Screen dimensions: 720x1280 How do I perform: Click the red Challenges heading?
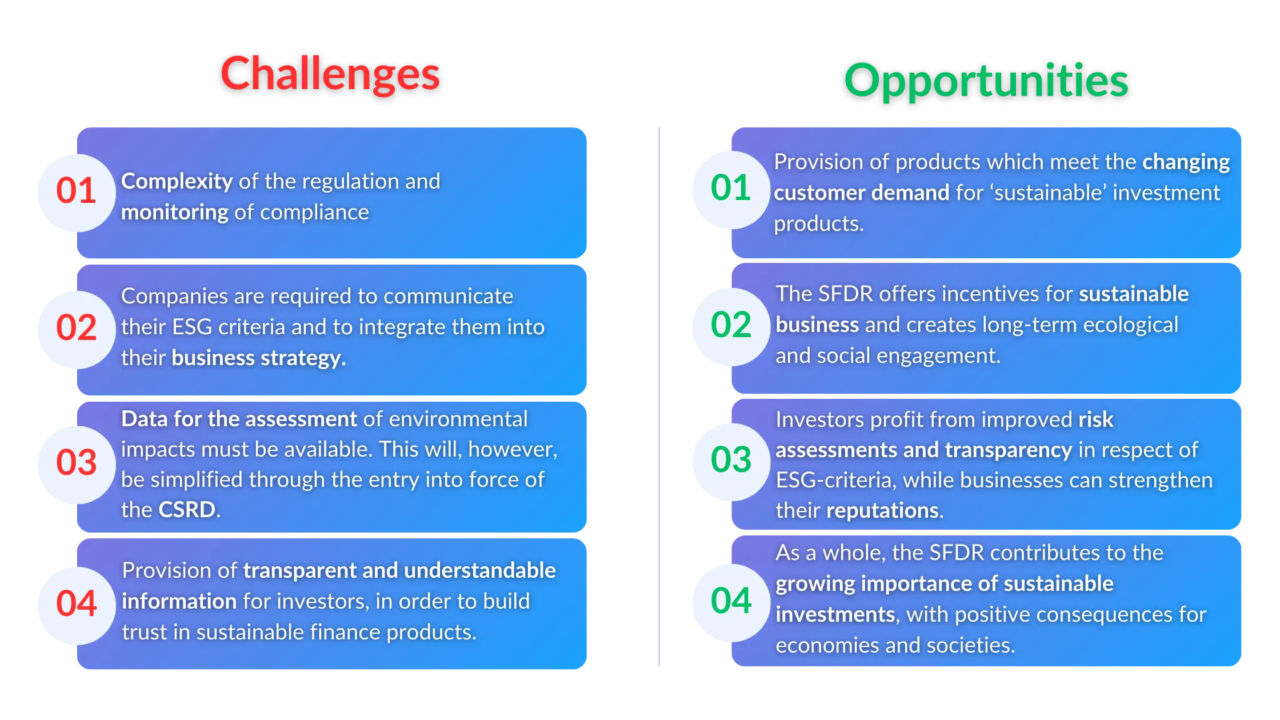tap(330, 74)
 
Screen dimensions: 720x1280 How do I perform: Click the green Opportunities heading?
tap(986, 81)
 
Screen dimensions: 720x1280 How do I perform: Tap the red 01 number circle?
tap(76, 191)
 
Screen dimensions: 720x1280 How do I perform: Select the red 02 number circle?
tap(76, 328)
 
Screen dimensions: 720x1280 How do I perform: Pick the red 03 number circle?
tap(76, 463)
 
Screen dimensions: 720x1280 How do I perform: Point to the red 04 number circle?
tap(76, 604)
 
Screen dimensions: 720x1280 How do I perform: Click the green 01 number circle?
tap(730, 189)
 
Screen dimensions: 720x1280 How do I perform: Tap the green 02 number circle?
tap(730, 326)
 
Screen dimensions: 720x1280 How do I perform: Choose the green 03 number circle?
tap(730, 460)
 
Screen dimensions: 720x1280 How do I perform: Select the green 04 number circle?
tap(730, 601)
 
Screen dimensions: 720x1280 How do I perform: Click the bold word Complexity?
tap(177, 182)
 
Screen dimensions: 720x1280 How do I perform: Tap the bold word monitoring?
tap(175, 213)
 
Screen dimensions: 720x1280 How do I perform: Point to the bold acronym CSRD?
tap(187, 510)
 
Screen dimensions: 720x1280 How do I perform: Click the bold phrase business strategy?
tap(258, 358)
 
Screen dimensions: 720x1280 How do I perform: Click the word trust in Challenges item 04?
tap(144, 633)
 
